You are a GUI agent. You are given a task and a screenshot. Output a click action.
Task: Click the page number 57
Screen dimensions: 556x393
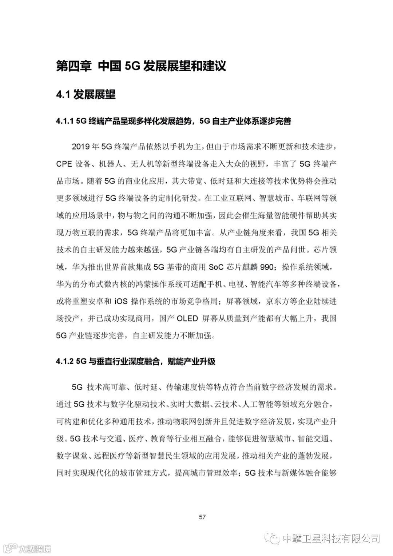[x=202, y=517]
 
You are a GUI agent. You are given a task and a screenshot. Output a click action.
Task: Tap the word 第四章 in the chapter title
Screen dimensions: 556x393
[x=74, y=66]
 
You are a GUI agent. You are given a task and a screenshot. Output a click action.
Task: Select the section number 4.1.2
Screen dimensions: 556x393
[x=65, y=361]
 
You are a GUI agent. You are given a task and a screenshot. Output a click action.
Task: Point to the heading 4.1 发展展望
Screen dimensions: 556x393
[x=86, y=95]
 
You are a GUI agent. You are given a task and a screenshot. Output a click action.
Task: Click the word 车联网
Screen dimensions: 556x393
[x=313, y=198]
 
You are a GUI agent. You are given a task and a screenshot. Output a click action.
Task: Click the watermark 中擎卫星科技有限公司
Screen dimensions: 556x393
[x=330, y=538]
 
